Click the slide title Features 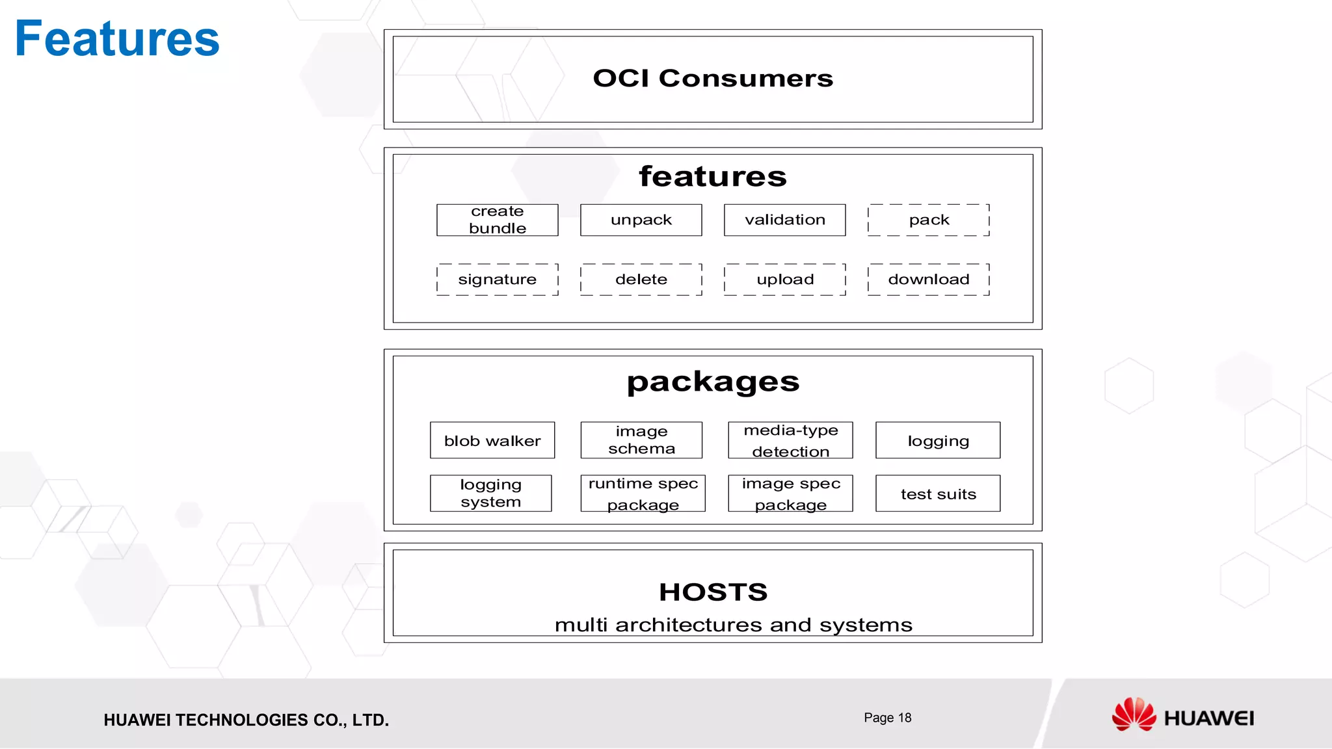117,39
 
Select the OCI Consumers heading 713,79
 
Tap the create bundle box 498,220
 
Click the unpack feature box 641,220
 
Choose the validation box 785,220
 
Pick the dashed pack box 929,220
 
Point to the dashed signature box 498,280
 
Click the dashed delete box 641,280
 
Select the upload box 785,280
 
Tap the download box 929,280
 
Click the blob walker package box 492,440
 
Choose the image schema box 641,440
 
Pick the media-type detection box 790,440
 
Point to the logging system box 491,493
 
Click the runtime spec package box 643,493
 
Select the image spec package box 790,493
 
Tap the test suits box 938,493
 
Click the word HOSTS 713,592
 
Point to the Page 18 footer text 888,718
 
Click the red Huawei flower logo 1134,715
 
